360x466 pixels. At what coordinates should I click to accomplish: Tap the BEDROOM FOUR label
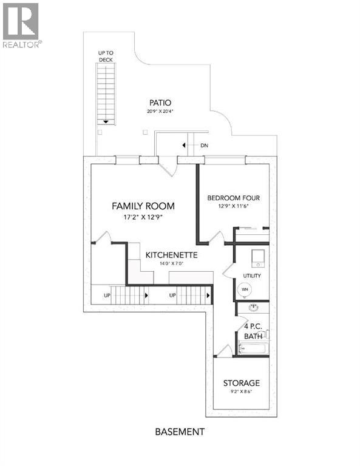click(x=234, y=198)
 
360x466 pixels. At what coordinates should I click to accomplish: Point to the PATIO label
click(x=160, y=102)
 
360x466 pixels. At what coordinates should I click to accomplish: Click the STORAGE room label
click(x=241, y=383)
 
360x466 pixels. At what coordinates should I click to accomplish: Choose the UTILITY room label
click(x=252, y=276)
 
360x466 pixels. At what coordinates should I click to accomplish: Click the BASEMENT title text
click(x=180, y=432)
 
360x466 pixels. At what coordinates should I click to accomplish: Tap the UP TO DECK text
click(x=106, y=56)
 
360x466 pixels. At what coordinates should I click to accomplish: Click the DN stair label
click(x=204, y=146)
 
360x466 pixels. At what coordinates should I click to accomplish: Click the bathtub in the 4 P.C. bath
click(x=253, y=348)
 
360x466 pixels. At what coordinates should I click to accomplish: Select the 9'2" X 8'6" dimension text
click(x=241, y=393)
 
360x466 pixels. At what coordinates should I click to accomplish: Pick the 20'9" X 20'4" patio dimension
click(x=160, y=111)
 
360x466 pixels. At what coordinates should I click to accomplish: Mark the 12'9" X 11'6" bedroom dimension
click(x=234, y=206)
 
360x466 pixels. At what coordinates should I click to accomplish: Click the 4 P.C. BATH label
click(x=253, y=330)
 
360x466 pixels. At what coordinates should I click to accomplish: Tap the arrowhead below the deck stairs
click(x=106, y=121)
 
